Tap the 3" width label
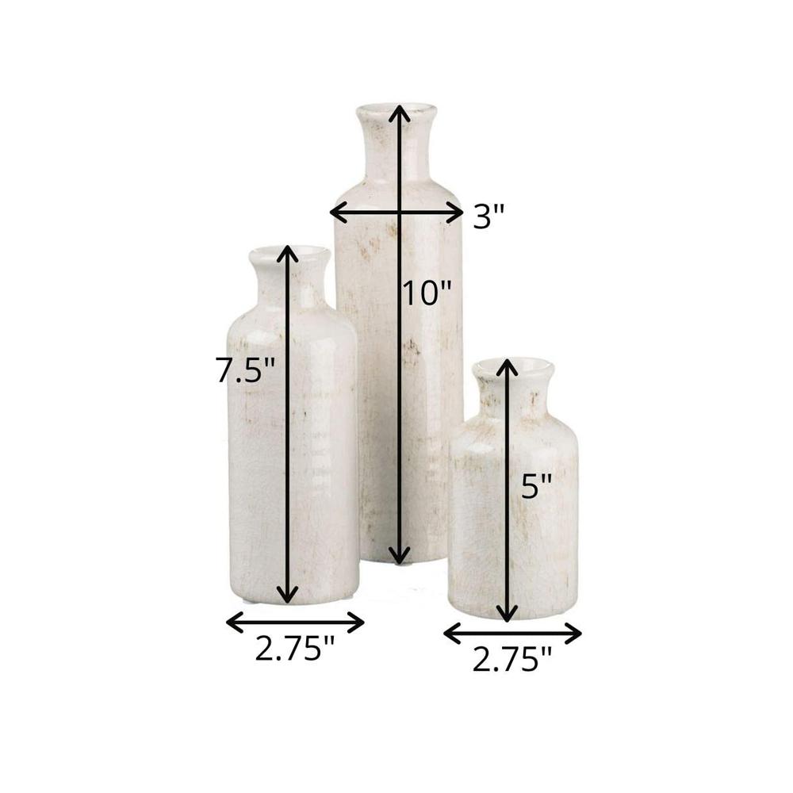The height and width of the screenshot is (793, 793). pyautogui.click(x=488, y=216)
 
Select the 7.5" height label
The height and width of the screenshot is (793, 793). pyautogui.click(x=245, y=369)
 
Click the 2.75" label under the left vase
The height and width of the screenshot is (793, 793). pyautogui.click(x=295, y=648)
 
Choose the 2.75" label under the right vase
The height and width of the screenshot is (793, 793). pyautogui.click(x=511, y=659)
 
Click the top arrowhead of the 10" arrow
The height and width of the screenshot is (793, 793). pyautogui.click(x=400, y=113)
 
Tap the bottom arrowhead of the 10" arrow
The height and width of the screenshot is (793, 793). pyautogui.click(x=400, y=555)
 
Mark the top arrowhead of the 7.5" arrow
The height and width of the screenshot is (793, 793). pyautogui.click(x=288, y=254)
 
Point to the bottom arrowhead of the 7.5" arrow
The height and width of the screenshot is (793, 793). pyautogui.click(x=288, y=595)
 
